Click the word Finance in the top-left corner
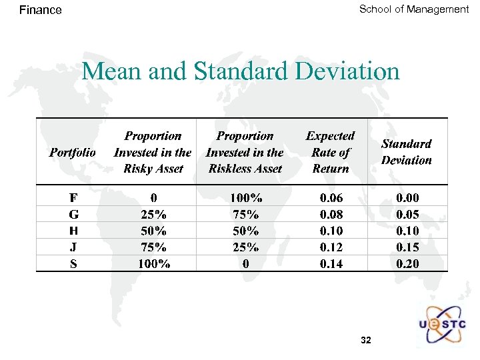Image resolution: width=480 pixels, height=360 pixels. (x=40, y=10)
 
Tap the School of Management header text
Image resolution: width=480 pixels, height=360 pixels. (x=414, y=9)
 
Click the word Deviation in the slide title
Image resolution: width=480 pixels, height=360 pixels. (x=347, y=71)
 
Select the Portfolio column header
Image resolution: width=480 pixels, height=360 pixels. (x=72, y=153)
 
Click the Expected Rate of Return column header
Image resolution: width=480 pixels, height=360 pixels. (x=330, y=153)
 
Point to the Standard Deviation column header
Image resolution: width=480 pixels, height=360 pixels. (x=406, y=152)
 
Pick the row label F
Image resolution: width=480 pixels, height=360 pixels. (x=73, y=198)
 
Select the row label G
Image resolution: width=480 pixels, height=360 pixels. (x=73, y=215)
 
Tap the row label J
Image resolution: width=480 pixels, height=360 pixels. (x=73, y=247)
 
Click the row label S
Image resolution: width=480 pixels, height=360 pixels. (x=73, y=263)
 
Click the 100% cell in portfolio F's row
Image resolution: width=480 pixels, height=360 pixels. (x=246, y=198)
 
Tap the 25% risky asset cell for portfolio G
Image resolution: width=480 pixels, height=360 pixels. (x=154, y=215)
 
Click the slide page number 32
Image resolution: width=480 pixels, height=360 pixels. (x=365, y=341)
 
